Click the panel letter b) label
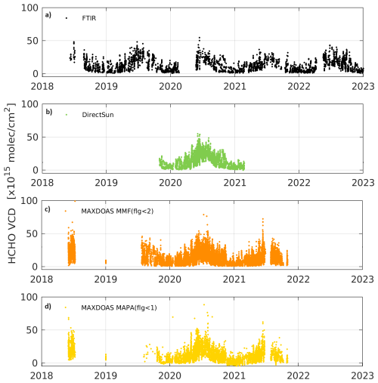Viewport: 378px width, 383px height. pos(48,113)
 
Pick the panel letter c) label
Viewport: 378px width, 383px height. pos(48,209)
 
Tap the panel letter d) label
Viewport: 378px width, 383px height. pos(48,306)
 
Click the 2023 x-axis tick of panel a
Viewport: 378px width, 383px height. pos(364,85)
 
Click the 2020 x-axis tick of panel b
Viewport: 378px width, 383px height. pos(171,182)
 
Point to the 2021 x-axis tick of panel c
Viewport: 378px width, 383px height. pos(235,279)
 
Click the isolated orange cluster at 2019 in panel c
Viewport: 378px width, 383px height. pos(106,261)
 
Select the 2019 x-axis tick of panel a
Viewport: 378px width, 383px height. pos(107,85)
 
